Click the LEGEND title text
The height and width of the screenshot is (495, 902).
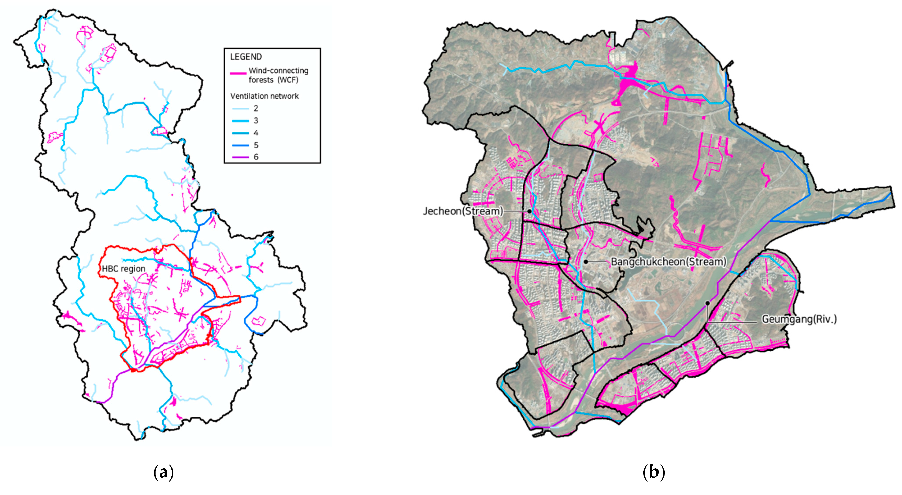pyautogui.click(x=246, y=57)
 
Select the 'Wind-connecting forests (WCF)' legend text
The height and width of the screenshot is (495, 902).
pyautogui.click(x=278, y=75)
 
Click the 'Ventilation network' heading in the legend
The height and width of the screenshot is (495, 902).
pyautogui.click(x=264, y=96)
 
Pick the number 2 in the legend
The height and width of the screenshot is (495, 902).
pyautogui.click(x=256, y=109)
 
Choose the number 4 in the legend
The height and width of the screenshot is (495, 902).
pyautogui.click(x=256, y=133)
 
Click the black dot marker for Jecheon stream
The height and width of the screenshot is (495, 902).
pyautogui.click(x=529, y=211)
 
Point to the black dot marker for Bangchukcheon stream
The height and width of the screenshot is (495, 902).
pyautogui.click(x=586, y=262)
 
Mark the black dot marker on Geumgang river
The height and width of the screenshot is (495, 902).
pyautogui.click(x=707, y=303)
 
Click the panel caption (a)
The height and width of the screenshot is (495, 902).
pyautogui.click(x=163, y=472)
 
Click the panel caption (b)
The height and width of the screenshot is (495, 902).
pyautogui.click(x=653, y=472)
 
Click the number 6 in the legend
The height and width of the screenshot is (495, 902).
pyautogui.click(x=256, y=157)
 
